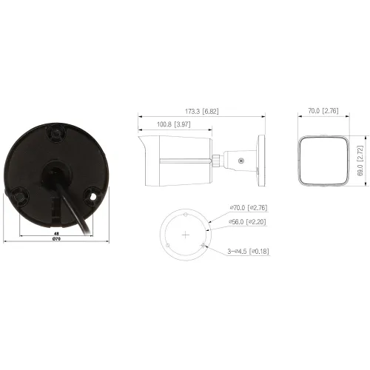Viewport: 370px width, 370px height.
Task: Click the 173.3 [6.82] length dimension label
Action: (x=202, y=111)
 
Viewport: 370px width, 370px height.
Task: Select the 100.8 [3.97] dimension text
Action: (x=174, y=124)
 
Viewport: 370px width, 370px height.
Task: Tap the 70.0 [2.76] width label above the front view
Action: (x=323, y=111)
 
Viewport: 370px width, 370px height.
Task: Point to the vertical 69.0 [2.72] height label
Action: (x=360, y=161)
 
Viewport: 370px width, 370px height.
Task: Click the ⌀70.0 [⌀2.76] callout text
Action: (x=249, y=208)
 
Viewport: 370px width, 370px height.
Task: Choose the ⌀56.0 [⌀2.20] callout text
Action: (x=247, y=222)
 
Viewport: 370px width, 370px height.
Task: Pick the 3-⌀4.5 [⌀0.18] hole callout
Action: (x=248, y=252)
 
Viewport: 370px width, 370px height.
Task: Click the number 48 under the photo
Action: (x=56, y=233)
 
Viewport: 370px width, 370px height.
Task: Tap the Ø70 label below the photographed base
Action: (x=56, y=239)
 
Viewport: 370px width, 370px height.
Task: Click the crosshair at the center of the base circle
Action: (x=186, y=235)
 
